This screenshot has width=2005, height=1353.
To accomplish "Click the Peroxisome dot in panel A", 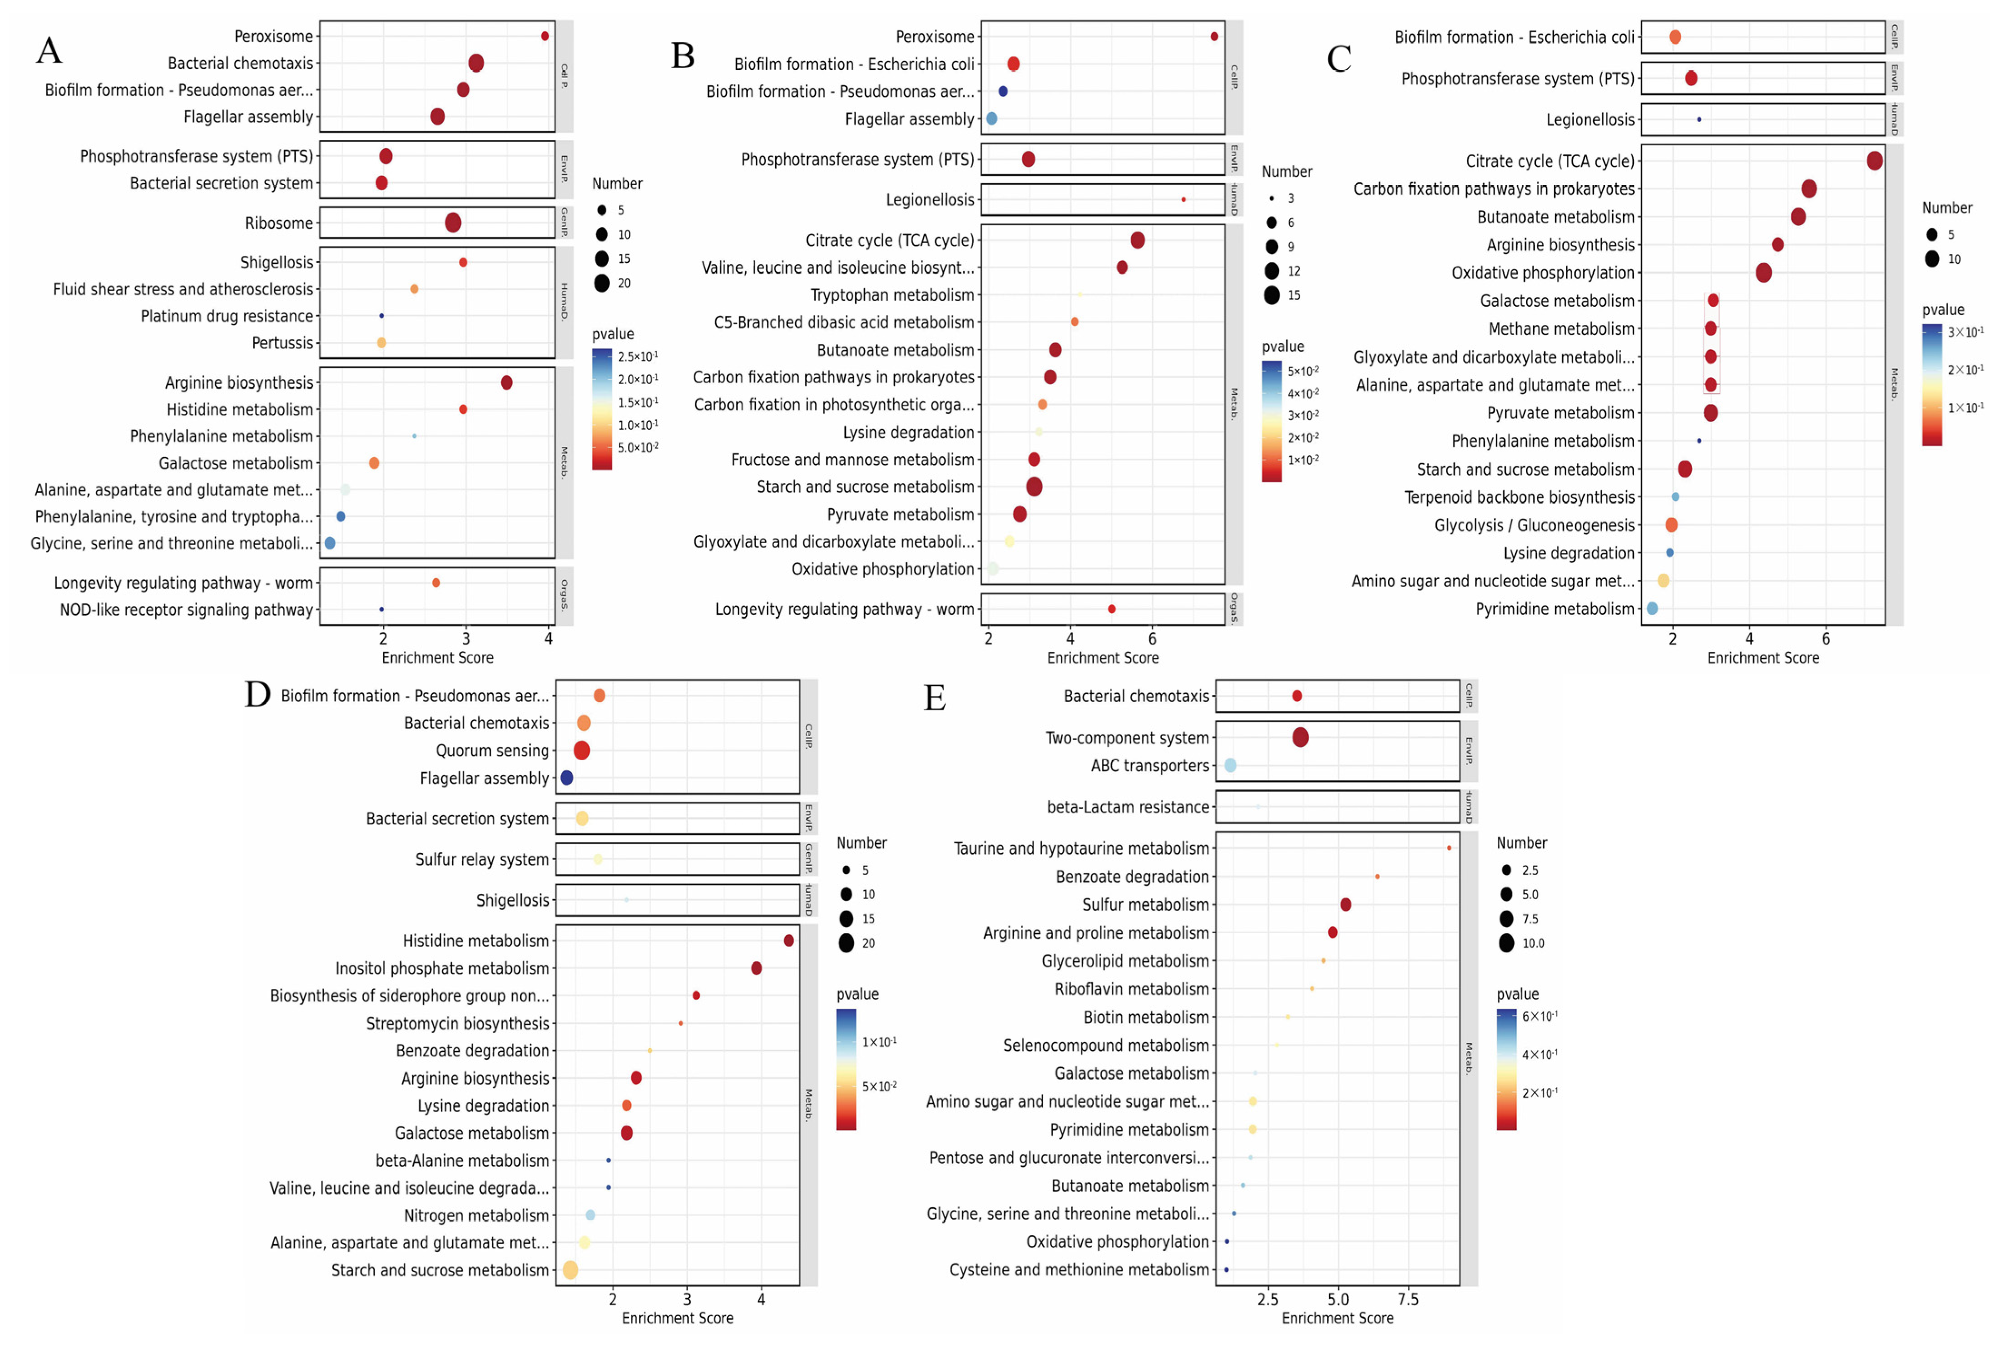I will point(545,36).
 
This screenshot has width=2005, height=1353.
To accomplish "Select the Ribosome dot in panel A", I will point(453,223).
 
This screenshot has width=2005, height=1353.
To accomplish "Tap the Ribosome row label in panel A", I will point(279,223).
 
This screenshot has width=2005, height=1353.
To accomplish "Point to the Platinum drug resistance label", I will point(227,316).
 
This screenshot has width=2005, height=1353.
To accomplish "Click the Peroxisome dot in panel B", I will point(1214,36).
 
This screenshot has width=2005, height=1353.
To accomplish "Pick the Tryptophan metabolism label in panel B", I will point(892,295).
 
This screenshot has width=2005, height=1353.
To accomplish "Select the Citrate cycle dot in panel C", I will point(1874,160).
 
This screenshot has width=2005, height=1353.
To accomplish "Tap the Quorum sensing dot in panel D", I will point(581,751).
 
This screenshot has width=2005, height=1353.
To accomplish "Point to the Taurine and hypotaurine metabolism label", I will point(1081,848).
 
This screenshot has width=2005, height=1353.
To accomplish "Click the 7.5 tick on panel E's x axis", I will point(1408,1298).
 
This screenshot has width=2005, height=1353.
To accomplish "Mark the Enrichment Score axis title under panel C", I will point(1762,658).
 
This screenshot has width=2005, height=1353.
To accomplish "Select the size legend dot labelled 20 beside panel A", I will point(601,283).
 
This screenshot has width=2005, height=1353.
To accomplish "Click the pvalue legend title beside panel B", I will point(1283,346).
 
